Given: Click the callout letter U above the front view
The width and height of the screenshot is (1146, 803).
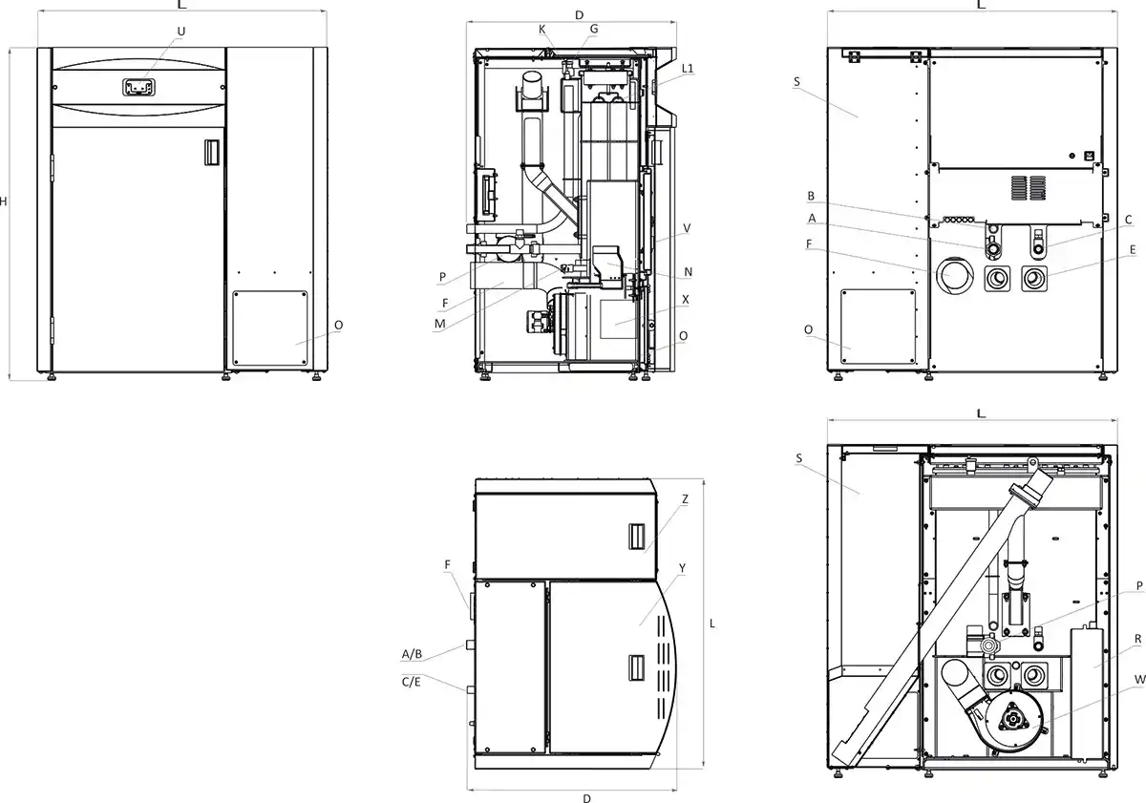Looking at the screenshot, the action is [x=181, y=32].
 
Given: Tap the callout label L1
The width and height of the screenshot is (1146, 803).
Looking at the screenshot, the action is [x=688, y=68].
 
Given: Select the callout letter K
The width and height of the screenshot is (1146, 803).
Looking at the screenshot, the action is [x=542, y=30].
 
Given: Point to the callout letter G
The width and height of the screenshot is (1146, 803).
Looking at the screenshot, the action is [x=594, y=30].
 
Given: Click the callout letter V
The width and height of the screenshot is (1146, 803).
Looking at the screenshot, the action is [x=687, y=228].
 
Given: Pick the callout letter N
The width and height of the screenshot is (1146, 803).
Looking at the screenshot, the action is [x=689, y=272].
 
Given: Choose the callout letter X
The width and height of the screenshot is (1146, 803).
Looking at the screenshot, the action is [x=686, y=300].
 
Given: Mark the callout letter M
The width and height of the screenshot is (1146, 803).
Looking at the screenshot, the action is [x=440, y=324].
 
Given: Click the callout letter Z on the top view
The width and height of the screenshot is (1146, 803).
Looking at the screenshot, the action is [x=685, y=499].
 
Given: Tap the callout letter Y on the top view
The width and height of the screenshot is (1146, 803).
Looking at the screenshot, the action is [x=682, y=568].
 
